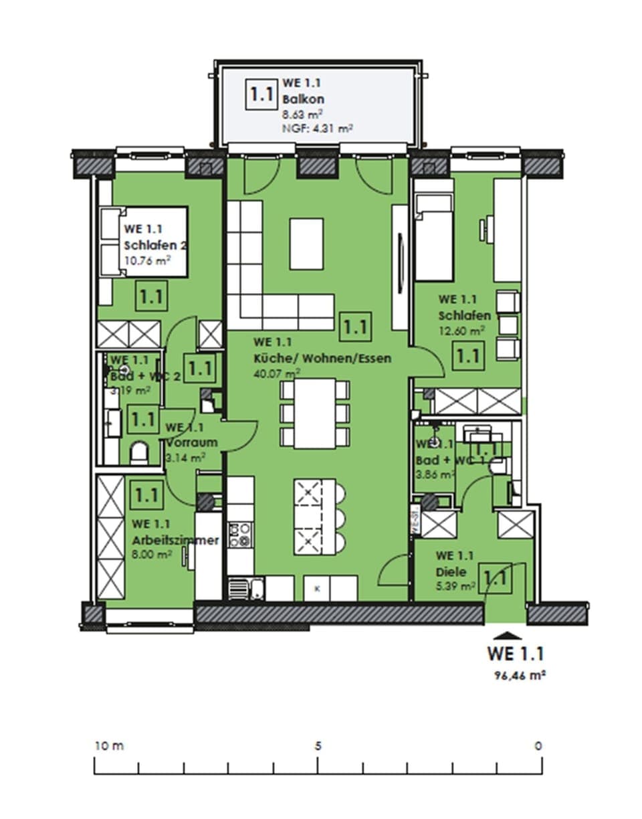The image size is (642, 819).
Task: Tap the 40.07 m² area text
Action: (x=277, y=373)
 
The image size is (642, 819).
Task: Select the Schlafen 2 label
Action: (x=155, y=246)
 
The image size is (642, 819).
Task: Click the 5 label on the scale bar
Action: (x=318, y=745)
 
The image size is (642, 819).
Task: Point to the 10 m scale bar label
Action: (x=108, y=745)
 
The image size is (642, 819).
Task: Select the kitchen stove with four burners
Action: (x=239, y=535)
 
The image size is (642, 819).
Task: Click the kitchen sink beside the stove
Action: (x=239, y=589)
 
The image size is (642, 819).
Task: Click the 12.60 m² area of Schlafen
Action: (x=461, y=331)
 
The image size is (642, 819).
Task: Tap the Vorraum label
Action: (x=191, y=442)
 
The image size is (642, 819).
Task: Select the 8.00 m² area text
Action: (x=152, y=554)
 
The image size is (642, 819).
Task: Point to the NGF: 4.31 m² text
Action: (x=318, y=126)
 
